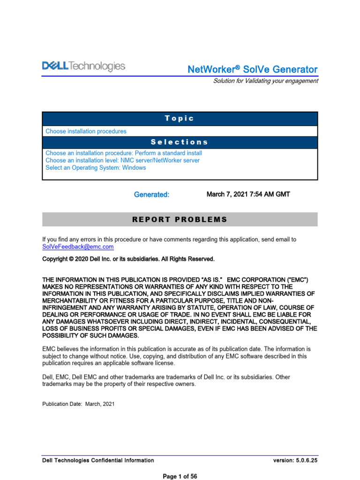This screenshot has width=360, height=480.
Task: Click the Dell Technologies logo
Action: coord(84,67)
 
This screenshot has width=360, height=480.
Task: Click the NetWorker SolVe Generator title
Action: coord(252,69)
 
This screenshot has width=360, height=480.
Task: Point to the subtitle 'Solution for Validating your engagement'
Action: coord(265,81)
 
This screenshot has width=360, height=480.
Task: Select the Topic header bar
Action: coord(180,119)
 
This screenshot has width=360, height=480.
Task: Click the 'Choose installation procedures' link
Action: coord(86,131)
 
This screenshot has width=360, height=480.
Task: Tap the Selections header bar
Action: coord(180,142)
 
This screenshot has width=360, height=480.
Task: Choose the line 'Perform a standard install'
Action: coord(124,153)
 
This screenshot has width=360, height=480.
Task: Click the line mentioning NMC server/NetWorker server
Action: coord(122,160)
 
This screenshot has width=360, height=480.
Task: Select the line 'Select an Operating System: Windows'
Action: coord(96,168)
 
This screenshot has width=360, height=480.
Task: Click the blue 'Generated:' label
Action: coord(151,195)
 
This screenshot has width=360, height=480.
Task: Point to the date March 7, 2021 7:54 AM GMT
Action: coord(248,194)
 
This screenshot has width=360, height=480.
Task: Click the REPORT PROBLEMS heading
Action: coord(180,219)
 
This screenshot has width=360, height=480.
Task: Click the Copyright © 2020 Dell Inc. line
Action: coord(128,259)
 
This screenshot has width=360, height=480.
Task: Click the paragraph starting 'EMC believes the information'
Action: coord(176,356)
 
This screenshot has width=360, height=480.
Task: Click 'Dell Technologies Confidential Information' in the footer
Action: coord(98,460)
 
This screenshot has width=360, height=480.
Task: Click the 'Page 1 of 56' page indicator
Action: coord(180,476)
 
